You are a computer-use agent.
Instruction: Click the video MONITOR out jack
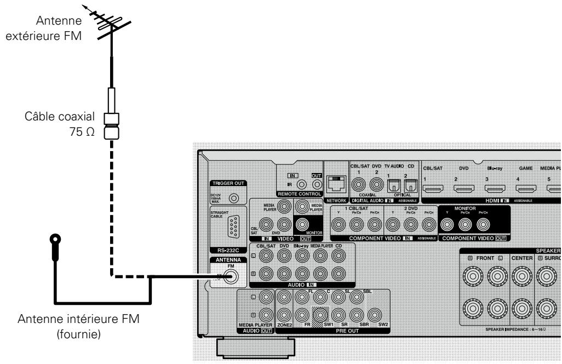click(302, 224)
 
